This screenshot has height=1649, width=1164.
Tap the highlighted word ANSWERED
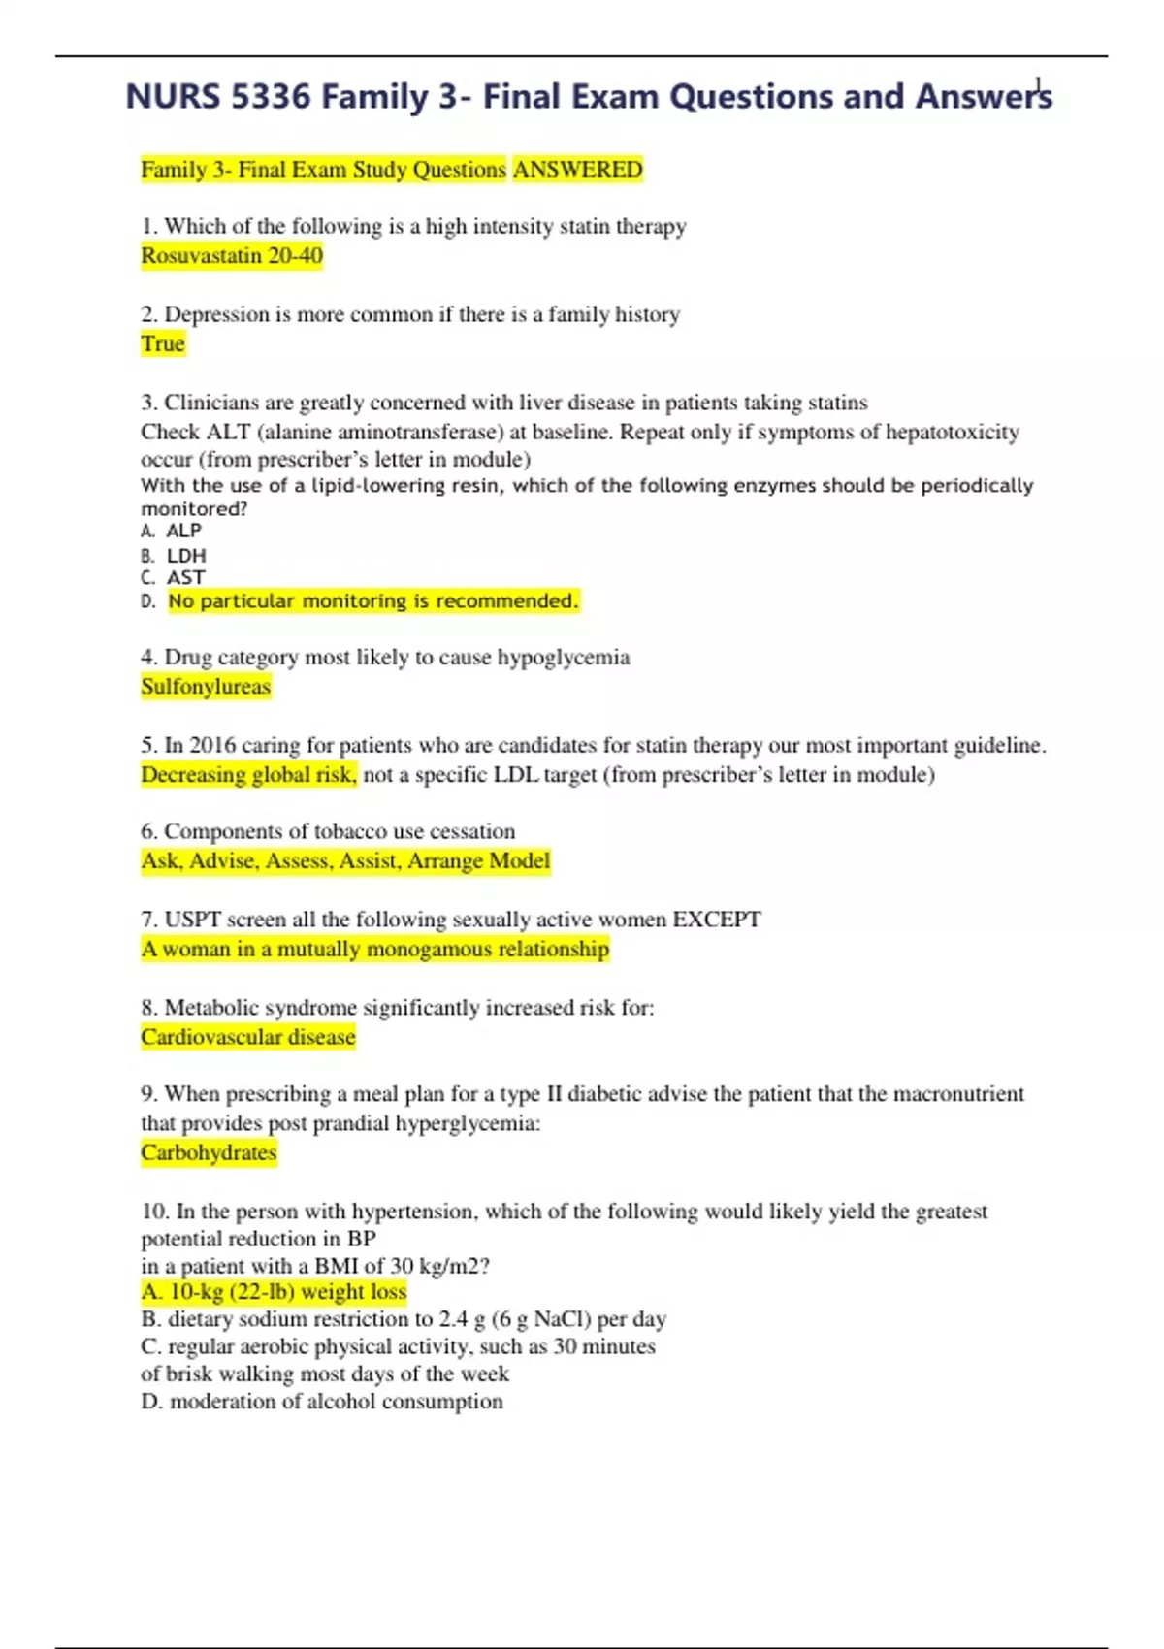577,170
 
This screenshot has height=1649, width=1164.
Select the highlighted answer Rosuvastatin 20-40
232,256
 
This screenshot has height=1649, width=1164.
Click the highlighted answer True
162,343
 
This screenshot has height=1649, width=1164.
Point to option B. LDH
175,556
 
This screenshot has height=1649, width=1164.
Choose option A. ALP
173,531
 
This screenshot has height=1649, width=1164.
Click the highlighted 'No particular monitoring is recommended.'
372,601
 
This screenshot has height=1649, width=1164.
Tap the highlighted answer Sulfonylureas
206,687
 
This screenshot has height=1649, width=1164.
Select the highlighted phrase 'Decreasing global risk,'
249,775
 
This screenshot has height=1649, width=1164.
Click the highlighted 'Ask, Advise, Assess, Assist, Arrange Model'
345,861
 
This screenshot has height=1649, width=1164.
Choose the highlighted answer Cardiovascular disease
248,1037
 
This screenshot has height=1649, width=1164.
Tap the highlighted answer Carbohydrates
209,1152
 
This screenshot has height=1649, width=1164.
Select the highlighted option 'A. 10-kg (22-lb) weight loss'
274,1292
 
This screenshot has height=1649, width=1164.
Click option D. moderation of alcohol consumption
322,1402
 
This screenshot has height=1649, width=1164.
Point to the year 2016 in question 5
212,746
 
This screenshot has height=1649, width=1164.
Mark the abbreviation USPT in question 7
192,920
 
